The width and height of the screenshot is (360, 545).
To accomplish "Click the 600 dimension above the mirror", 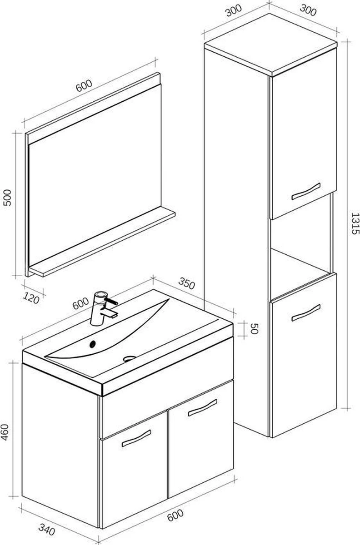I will [84, 86].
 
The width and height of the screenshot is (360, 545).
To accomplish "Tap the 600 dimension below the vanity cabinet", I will [175, 515].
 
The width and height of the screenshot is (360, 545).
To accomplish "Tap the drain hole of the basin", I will [130, 358].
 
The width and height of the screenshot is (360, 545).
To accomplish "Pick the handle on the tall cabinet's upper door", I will [306, 191].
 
